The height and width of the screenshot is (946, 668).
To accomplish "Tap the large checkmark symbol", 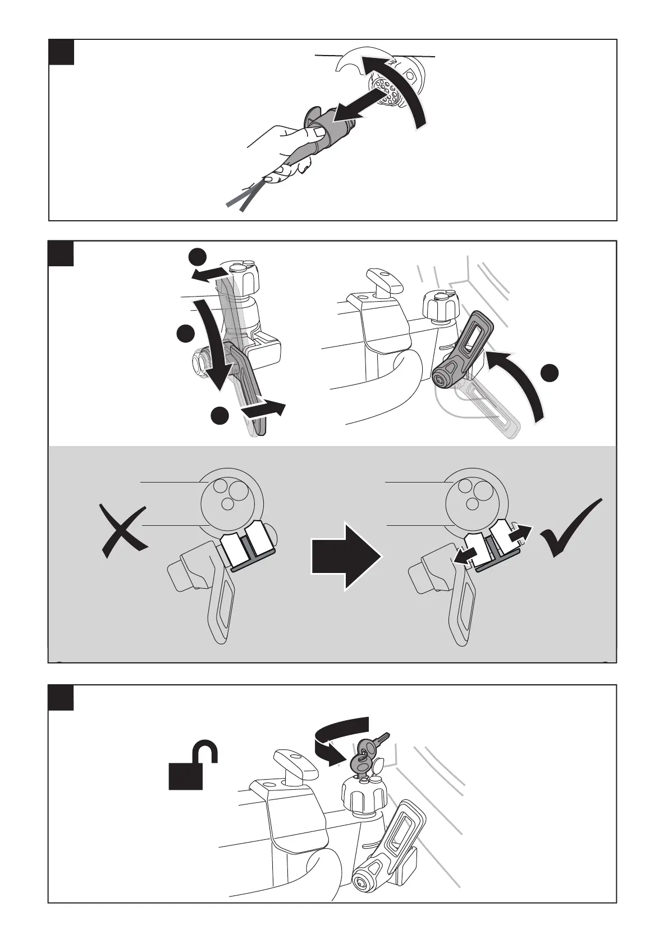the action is point(570,529).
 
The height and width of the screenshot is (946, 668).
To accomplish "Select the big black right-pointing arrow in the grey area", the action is point(346,557).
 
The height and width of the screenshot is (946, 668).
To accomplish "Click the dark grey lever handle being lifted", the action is point(463,351).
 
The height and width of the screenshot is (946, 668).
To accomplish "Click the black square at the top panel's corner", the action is point(61,52).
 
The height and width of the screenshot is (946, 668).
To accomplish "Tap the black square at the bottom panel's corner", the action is point(61,698).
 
